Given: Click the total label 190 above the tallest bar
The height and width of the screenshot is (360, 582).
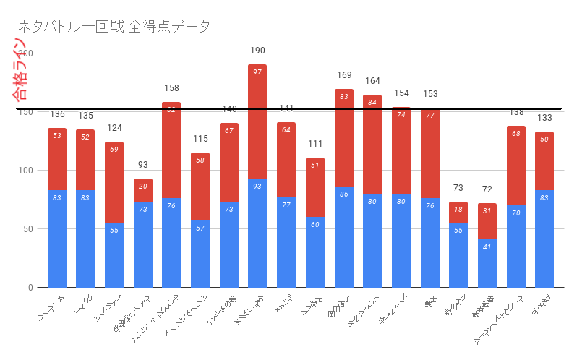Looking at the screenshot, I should [257, 51].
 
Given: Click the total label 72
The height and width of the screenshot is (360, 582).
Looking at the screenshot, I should [487, 189].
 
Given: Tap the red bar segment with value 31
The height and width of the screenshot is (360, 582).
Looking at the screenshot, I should [487, 221].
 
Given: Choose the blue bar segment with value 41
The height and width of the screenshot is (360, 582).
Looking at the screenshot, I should [487, 263].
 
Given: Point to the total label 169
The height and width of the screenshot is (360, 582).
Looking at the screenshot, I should [343, 75].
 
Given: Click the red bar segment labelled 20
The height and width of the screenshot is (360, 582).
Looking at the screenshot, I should [143, 190].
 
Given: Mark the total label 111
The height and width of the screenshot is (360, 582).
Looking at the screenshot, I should [315, 143].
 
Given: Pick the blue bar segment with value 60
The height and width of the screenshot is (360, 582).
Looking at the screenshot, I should [315, 252].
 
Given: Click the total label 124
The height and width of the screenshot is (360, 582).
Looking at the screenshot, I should [114, 128].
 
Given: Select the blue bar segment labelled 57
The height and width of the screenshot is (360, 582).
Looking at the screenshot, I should [200, 254].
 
